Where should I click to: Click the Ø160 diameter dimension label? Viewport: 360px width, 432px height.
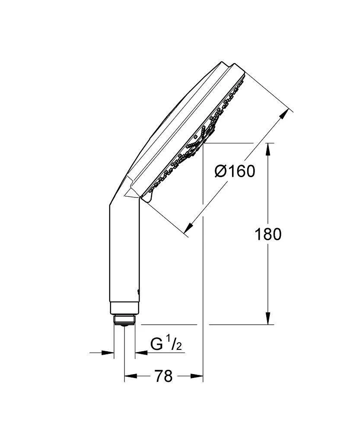click(235, 172)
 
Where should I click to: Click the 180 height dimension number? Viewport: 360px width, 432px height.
click(268, 234)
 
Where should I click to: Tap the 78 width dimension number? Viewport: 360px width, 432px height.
click(163, 376)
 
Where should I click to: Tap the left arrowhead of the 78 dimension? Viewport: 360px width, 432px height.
click(129, 376)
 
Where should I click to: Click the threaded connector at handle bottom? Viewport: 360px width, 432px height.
click(124, 320)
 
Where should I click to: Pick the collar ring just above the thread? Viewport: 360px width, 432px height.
click(124, 308)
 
